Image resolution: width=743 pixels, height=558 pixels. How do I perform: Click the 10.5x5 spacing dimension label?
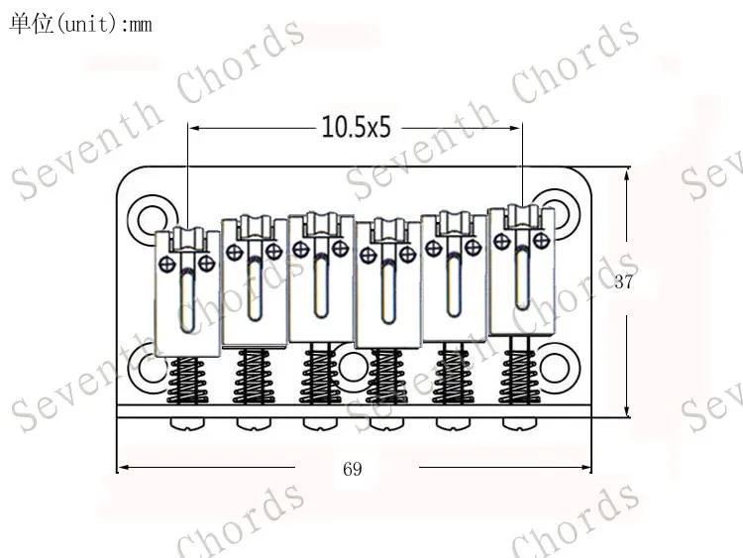pyautogui.click(x=356, y=127)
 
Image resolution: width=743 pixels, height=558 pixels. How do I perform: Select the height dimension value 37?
pyautogui.click(x=623, y=281)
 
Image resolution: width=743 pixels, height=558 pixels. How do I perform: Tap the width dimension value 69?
pyautogui.click(x=352, y=469)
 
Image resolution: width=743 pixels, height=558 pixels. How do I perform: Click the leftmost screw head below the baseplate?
pyautogui.click(x=188, y=424)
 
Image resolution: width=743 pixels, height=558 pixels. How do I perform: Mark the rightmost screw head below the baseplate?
pyautogui.click(x=517, y=424)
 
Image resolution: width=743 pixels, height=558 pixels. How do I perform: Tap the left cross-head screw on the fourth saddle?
pyautogui.click(x=369, y=255)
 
